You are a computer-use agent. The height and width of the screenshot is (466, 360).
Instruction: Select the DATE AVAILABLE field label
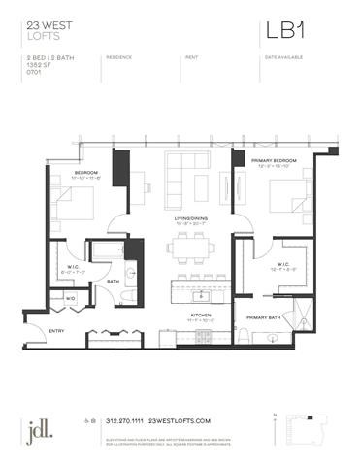[281, 57]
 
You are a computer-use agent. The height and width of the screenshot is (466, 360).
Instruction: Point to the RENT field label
[191, 57]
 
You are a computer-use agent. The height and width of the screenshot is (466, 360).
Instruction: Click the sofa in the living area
[181, 173]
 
